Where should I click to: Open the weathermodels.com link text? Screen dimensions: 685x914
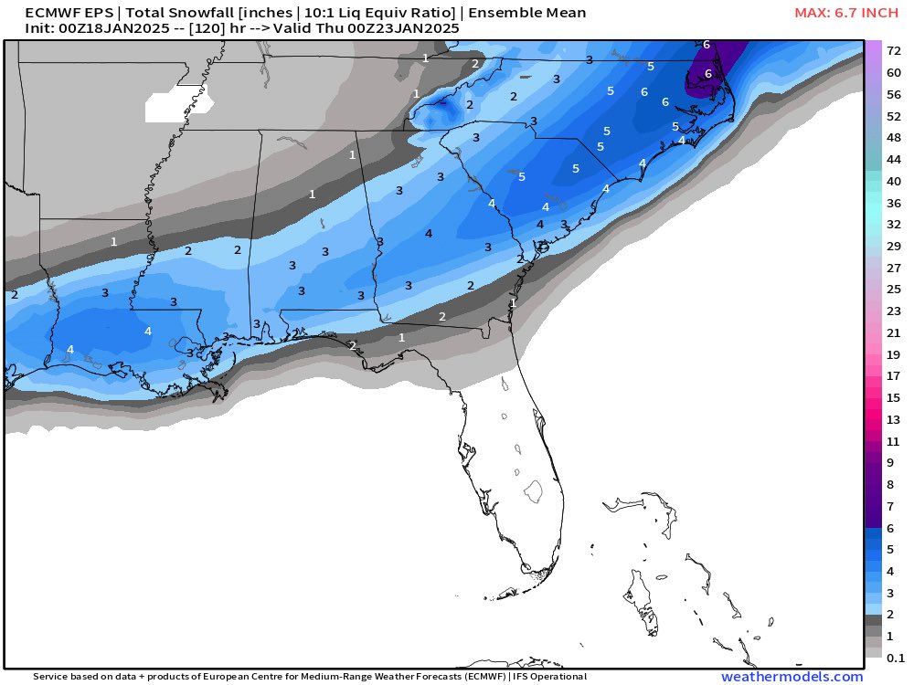[792, 677]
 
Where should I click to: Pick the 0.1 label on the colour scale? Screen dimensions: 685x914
[896, 658]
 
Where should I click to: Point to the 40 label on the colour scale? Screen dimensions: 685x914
[894, 181]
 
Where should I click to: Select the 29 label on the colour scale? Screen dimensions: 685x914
[894, 246]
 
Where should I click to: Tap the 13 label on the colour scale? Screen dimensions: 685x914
[894, 419]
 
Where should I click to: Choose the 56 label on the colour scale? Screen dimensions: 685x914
[894, 94]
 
